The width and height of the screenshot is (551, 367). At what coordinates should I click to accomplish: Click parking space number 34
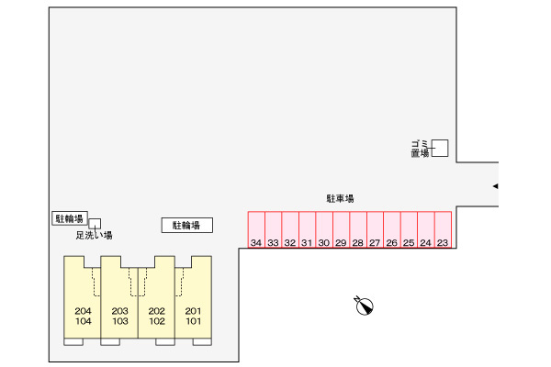[x=256, y=229]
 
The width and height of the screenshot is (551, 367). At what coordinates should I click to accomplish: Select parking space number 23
[x=444, y=229]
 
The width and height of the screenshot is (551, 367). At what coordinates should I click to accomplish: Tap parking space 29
[x=341, y=229]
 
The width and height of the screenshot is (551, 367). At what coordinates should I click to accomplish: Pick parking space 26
[x=392, y=229]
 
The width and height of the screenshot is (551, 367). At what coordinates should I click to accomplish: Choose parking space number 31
[x=307, y=229]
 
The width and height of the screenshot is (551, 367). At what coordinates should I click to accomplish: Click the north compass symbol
[x=364, y=306]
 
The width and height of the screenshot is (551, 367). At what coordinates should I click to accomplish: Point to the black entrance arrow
[x=496, y=186]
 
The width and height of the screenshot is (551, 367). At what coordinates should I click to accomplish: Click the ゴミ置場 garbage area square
[x=440, y=148]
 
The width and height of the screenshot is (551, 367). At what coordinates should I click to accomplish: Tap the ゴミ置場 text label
[x=421, y=149]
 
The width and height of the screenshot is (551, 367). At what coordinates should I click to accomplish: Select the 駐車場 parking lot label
[x=340, y=199]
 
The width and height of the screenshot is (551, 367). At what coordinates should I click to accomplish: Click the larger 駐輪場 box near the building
[x=187, y=225]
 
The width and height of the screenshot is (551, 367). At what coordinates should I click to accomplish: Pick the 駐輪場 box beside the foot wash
[x=70, y=218]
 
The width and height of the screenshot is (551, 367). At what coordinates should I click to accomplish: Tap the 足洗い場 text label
[x=95, y=235]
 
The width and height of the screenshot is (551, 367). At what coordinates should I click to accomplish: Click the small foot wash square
[x=95, y=224]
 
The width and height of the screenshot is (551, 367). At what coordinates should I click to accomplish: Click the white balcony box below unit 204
[x=73, y=341]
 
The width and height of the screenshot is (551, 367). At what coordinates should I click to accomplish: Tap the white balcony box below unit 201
[x=202, y=341]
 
